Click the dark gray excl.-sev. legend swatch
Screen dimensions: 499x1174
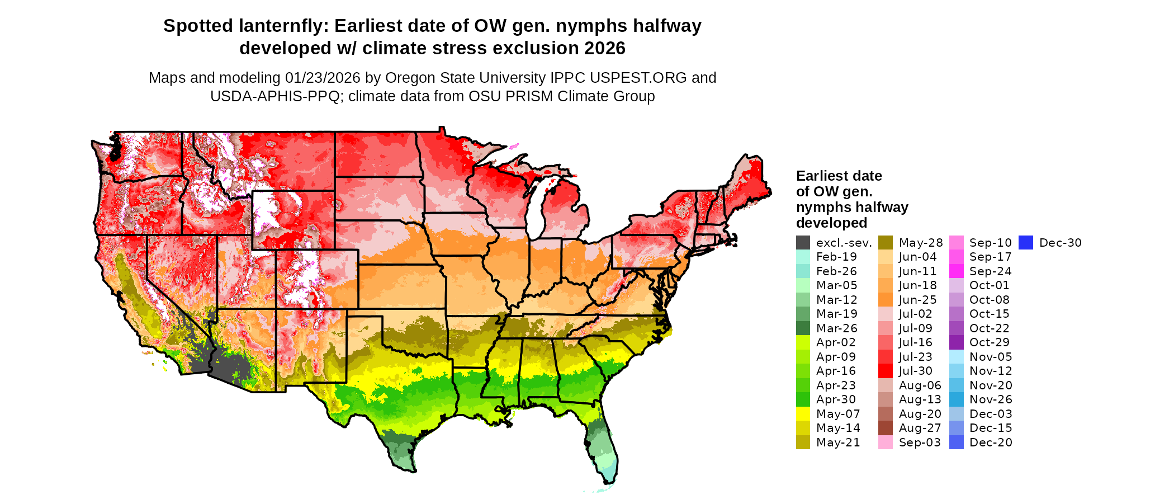click(x=803, y=243)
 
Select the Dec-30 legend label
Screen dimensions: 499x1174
click(x=1060, y=243)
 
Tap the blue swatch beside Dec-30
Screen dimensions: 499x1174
click(x=1025, y=243)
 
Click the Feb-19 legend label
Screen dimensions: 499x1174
click(x=836, y=257)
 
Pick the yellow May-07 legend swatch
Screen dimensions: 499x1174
click(x=803, y=414)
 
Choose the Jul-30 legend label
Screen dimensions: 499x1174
click(x=915, y=371)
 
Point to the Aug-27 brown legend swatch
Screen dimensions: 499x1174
click(x=886, y=428)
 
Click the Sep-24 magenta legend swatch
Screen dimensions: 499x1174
click(x=957, y=271)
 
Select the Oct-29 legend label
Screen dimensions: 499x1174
click(x=990, y=342)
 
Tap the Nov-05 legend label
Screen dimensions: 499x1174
click(x=991, y=357)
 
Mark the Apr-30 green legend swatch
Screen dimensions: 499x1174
click(x=803, y=399)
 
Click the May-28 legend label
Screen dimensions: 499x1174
click(x=920, y=243)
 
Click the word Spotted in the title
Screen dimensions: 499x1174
click(x=198, y=26)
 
